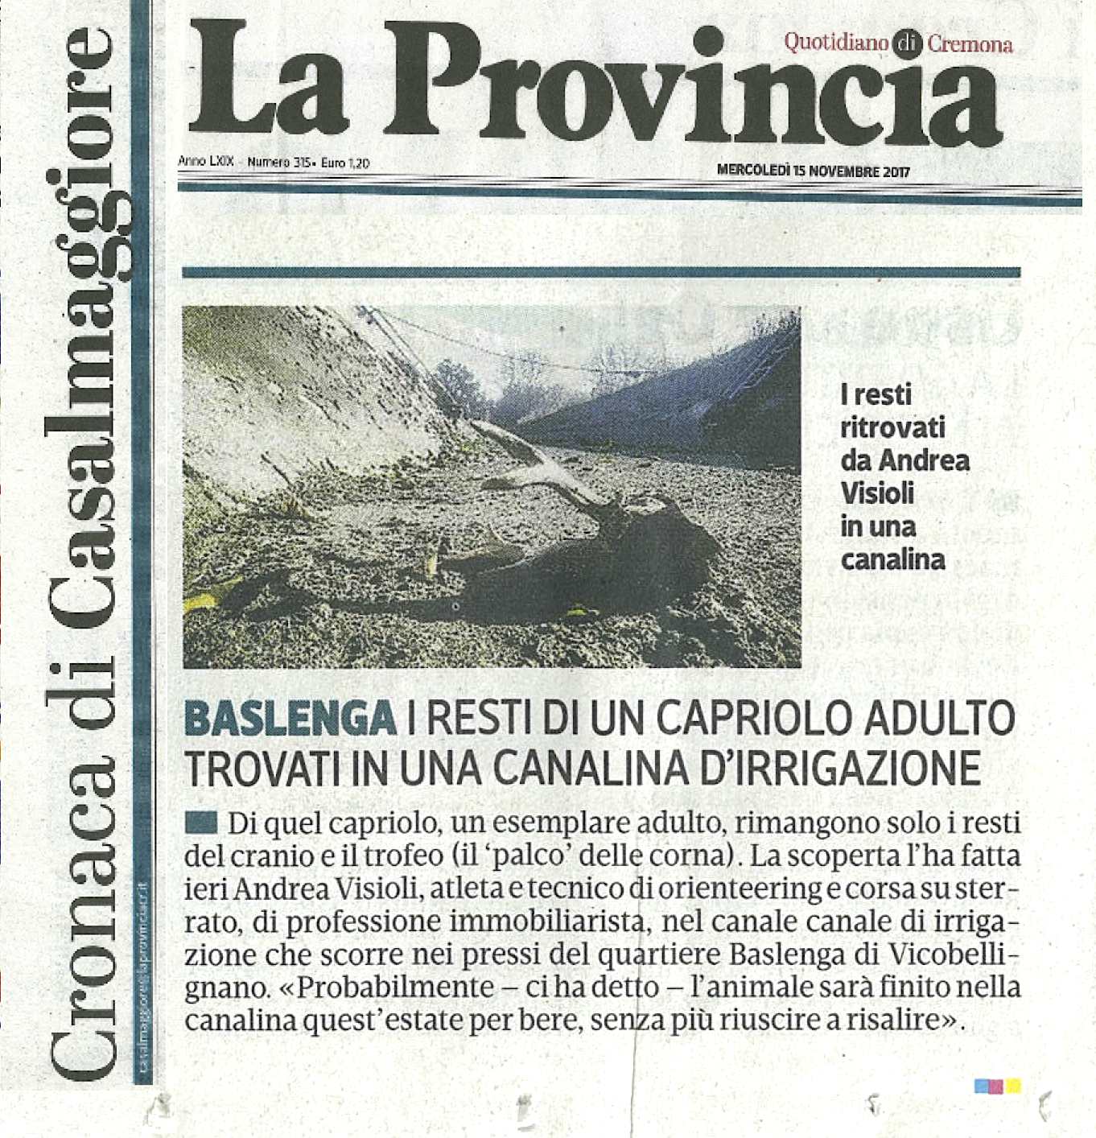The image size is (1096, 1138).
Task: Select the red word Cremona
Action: (x=970, y=43)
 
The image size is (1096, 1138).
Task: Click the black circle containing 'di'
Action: (x=907, y=44)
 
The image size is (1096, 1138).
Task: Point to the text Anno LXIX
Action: (x=206, y=161)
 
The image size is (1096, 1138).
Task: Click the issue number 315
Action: (x=302, y=162)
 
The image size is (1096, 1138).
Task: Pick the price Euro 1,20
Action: (x=345, y=163)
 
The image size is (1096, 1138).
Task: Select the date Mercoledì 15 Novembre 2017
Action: (x=813, y=171)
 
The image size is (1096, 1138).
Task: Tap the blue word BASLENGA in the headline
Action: (x=290, y=718)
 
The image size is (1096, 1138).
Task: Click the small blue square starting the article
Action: (x=200, y=822)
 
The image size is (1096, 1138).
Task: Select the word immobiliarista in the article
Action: (x=546, y=922)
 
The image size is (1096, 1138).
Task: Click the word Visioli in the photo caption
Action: (x=877, y=493)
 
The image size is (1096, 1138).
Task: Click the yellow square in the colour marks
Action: (x=1013, y=1086)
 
